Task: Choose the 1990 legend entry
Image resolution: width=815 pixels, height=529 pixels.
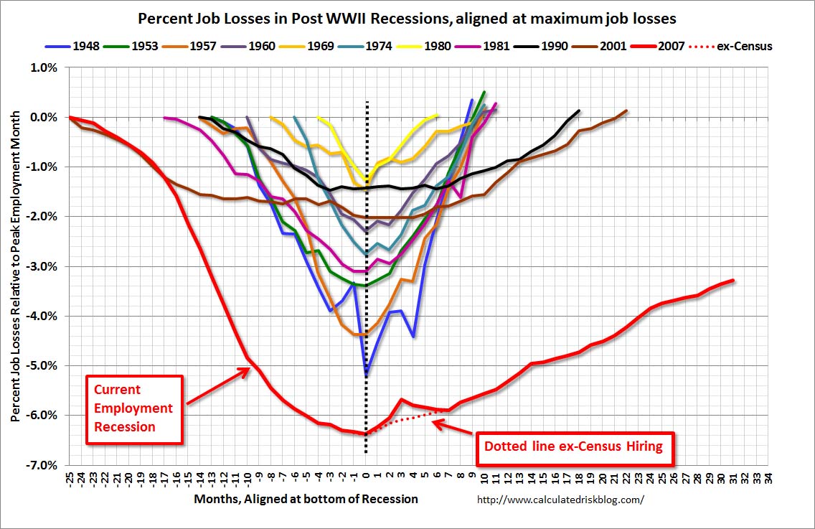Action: point(545,47)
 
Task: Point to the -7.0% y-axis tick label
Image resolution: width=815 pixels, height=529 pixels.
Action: point(42,465)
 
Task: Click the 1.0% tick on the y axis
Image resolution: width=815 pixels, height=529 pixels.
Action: point(44,67)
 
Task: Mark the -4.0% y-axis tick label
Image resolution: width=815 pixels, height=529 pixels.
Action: point(42,316)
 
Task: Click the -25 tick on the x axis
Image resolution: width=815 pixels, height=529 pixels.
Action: point(70,478)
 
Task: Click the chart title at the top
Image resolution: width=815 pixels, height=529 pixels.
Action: point(407,17)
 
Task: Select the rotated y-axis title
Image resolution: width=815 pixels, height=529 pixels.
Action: point(16,266)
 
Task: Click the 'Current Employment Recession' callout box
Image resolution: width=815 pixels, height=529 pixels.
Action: point(134,408)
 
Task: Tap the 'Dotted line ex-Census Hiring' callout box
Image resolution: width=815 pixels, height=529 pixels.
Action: point(573,446)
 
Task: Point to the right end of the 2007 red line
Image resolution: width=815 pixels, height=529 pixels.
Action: point(733,280)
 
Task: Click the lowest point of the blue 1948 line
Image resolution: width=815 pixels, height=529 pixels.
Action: point(366,375)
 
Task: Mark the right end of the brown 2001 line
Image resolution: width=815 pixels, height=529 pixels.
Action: point(626,111)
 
